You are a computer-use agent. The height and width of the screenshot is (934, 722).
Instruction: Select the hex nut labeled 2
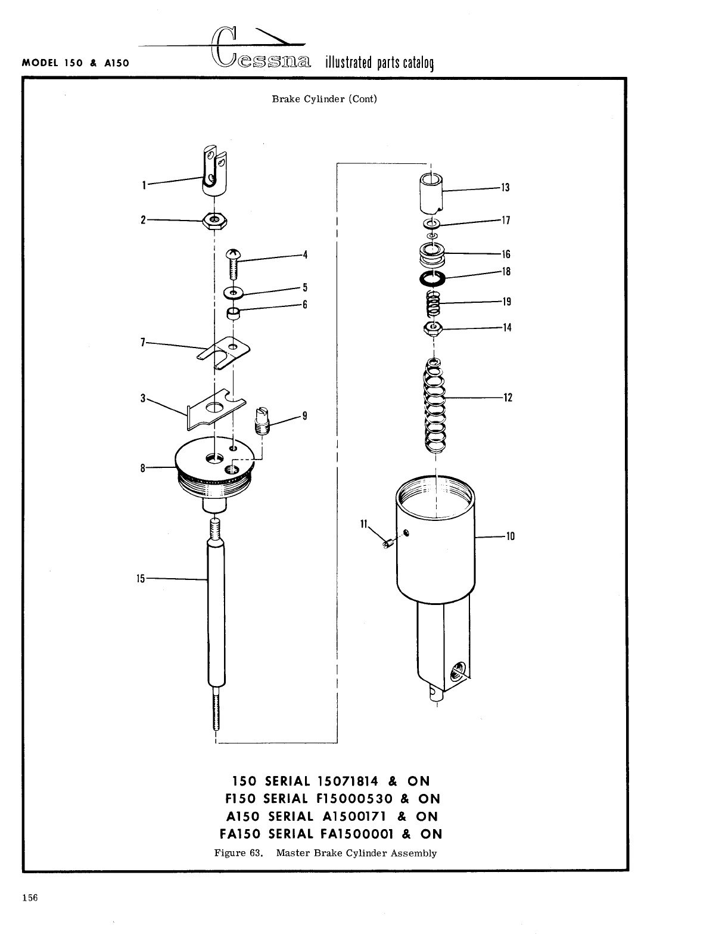214,221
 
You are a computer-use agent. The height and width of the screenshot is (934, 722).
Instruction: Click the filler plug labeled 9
260,421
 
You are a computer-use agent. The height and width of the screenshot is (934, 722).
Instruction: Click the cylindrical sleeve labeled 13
431,192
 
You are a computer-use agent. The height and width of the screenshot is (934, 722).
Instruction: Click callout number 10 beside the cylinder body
510,536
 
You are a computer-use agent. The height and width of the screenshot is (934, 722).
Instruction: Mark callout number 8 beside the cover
143,468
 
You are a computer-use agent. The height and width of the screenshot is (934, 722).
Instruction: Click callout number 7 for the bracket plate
143,342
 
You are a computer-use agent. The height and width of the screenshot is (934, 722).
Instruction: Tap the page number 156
30,898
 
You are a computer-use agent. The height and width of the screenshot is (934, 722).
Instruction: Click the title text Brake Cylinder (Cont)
325,99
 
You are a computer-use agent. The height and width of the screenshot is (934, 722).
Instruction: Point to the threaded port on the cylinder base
460,669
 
